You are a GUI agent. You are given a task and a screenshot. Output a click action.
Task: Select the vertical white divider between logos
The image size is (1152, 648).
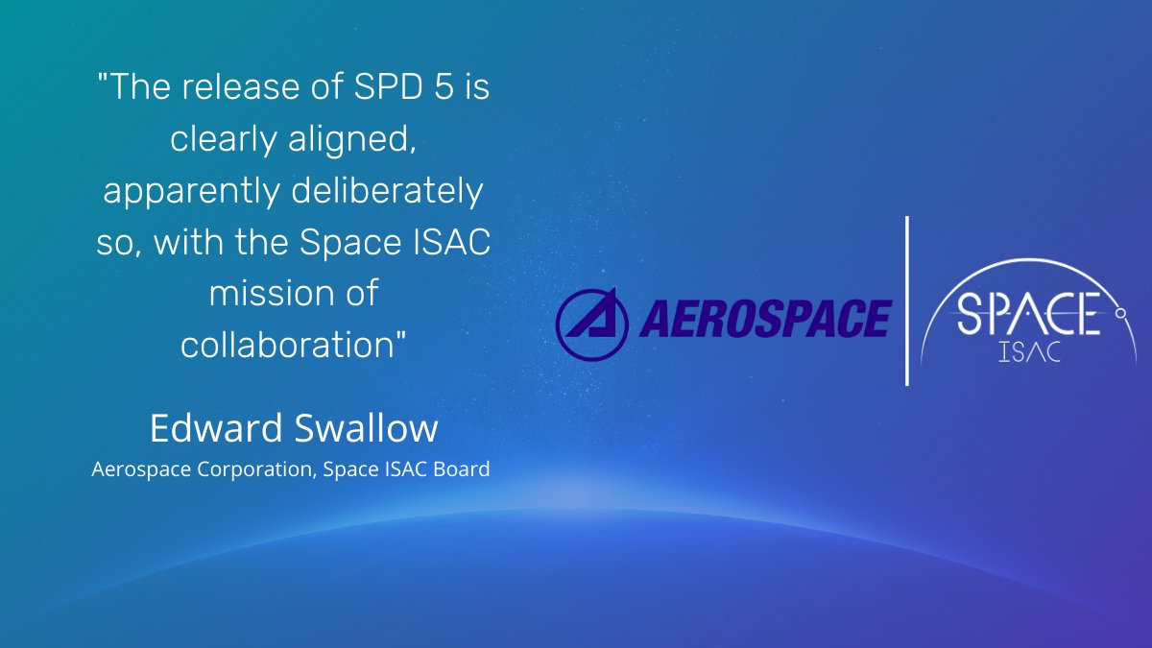[907, 300]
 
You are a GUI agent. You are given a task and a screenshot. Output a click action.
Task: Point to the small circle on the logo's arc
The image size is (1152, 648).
[1120, 313]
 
